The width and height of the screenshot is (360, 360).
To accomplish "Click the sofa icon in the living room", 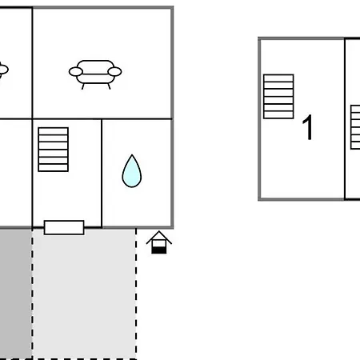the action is (95, 74).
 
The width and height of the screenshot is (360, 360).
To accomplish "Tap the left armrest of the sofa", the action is (76, 71).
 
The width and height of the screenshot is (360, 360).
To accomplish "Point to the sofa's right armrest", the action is (114, 71).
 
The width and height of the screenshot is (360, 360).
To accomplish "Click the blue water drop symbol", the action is (132, 171).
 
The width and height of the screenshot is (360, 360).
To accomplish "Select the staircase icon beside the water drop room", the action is (54, 150).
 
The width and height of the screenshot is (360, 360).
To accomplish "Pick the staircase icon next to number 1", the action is (278, 97).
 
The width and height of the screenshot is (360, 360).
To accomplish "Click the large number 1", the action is (307, 127).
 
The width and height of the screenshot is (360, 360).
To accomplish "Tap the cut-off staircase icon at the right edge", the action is (355, 127).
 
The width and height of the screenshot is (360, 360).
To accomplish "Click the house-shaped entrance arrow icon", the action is (159, 242).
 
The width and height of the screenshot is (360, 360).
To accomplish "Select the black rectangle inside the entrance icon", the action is (159, 250).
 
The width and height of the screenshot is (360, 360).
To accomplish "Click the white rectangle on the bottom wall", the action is (64, 227).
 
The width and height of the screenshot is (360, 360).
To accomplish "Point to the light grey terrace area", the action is (84, 294).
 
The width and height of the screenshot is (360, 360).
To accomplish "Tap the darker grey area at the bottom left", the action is (15, 294).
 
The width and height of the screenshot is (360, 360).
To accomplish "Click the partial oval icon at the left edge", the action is (3, 70).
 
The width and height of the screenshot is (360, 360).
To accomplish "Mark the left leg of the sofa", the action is (83, 86).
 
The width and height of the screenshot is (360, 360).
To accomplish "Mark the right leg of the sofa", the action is (109, 86).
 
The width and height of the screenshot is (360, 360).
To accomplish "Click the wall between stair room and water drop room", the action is (102, 174).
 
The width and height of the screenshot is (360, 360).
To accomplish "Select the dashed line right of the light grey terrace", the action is (136, 294).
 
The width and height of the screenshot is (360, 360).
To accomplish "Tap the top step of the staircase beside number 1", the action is (278, 78).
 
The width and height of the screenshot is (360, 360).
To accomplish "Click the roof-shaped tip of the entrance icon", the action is (159, 231).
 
